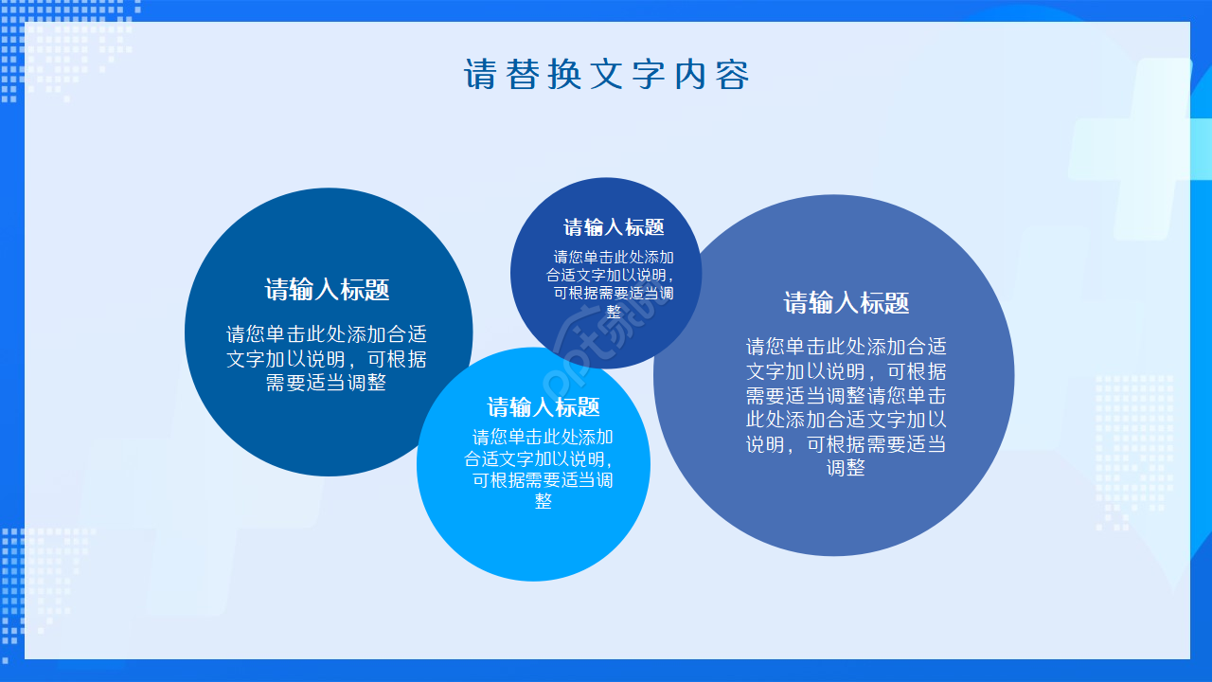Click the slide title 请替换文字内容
[606, 75]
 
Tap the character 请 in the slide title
[480, 75]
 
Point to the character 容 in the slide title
[733, 75]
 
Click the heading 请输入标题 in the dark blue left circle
[328, 290]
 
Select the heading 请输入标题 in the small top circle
[615, 227]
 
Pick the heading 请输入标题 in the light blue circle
[544, 407]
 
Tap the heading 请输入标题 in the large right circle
[847, 303]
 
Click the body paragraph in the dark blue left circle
[327, 359]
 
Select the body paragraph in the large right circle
[847, 407]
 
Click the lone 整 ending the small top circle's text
[614, 312]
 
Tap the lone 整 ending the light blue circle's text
[543, 502]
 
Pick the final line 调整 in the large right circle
[847, 468]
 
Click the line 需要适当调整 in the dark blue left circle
[327, 384]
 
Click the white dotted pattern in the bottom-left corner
[38, 578]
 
